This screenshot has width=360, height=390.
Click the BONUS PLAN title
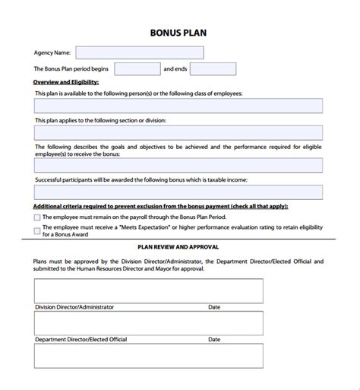pos(178,33)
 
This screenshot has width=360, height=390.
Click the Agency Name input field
pos(140,52)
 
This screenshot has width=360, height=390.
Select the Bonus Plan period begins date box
pos(137,69)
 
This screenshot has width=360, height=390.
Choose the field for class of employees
pos(178,106)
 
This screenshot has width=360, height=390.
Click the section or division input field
pos(178,132)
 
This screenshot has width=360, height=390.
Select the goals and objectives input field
pos(178,165)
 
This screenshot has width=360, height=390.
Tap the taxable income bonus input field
pos(178,192)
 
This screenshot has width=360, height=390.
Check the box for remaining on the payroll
pos(37,217)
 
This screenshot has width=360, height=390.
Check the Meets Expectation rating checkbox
pos(37,227)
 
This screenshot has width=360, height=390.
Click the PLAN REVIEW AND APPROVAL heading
pos(178,247)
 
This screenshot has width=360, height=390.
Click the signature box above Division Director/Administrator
pos(148,290)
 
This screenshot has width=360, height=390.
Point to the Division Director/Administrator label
pos(74,307)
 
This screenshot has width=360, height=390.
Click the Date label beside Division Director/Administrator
pos(214,307)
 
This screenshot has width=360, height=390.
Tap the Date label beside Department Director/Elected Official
pos(214,339)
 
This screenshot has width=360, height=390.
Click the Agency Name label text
pos(52,53)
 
